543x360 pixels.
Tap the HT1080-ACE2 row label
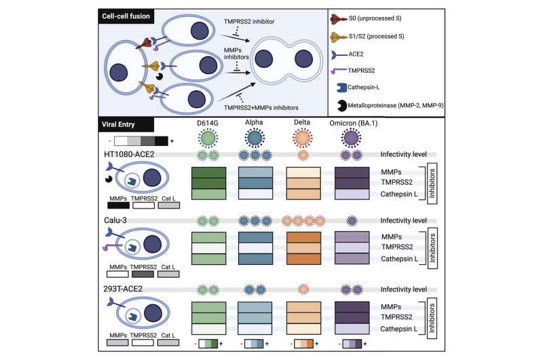click(129, 156)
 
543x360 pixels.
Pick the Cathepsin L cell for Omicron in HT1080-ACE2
click(356, 194)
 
